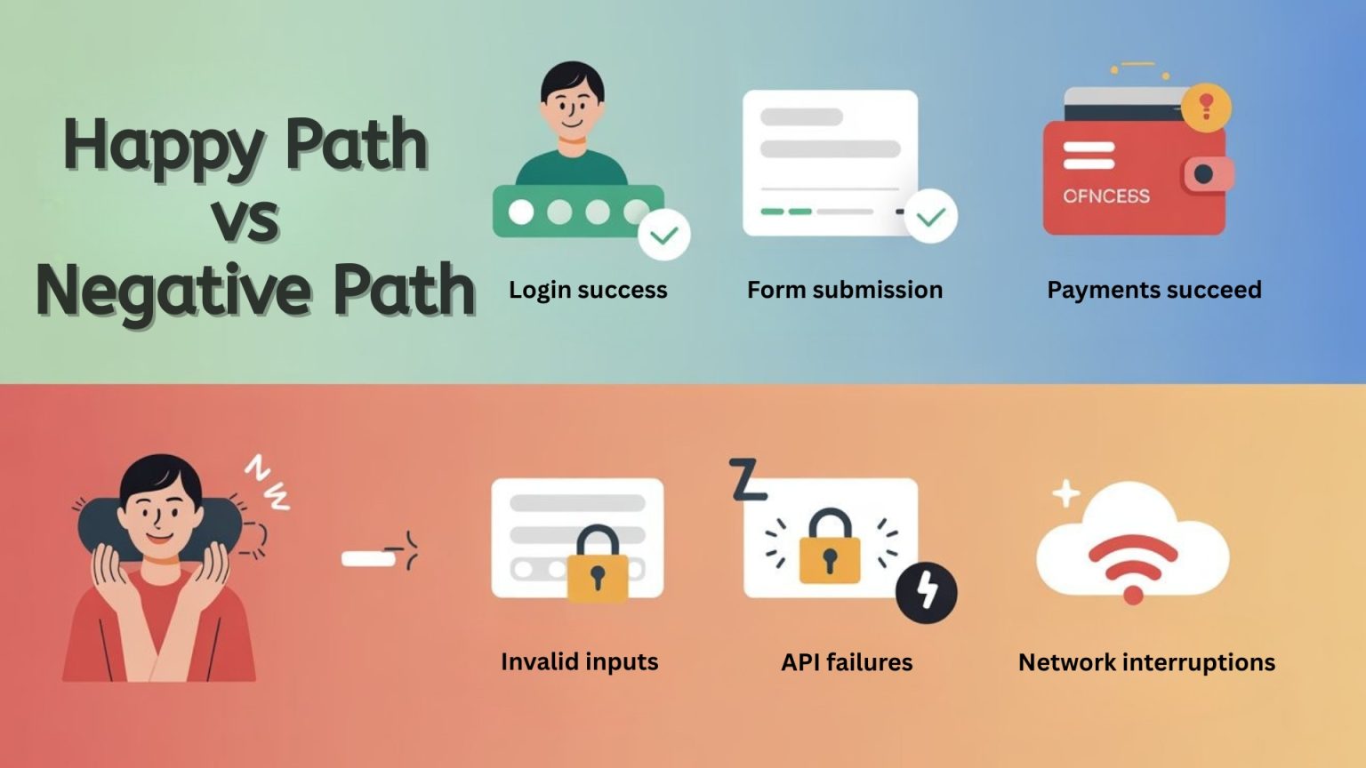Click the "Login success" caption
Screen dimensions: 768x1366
coord(588,290)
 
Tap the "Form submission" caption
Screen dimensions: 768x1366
coord(845,290)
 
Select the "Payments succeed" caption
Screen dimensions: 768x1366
coord(1154,290)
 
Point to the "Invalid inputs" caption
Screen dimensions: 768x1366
coord(580,661)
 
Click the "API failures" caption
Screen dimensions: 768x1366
coord(847,662)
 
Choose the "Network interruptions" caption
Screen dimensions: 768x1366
coord(1146,662)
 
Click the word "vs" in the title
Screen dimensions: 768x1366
coord(245,219)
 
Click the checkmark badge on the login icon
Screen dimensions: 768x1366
coord(664,235)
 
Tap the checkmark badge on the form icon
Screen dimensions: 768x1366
coord(931,216)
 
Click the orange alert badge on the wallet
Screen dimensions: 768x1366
coord(1206,107)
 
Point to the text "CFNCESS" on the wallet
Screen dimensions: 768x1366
coord(1106,196)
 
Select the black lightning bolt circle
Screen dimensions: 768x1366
coord(927,591)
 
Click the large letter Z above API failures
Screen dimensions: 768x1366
coord(746,480)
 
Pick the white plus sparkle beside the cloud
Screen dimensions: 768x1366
coord(1065,493)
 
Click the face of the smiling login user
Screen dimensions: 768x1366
coord(573,104)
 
